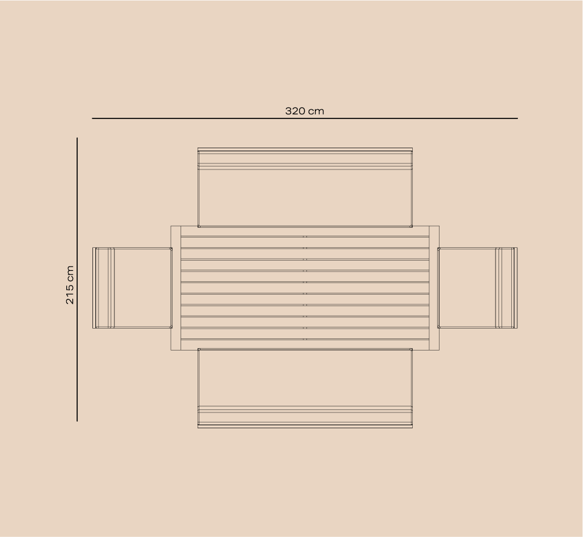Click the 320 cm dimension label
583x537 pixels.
305,111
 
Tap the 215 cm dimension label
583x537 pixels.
69,285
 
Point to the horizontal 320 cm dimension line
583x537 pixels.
305,118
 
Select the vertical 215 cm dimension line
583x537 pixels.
77,279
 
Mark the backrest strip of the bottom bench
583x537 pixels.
305,417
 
